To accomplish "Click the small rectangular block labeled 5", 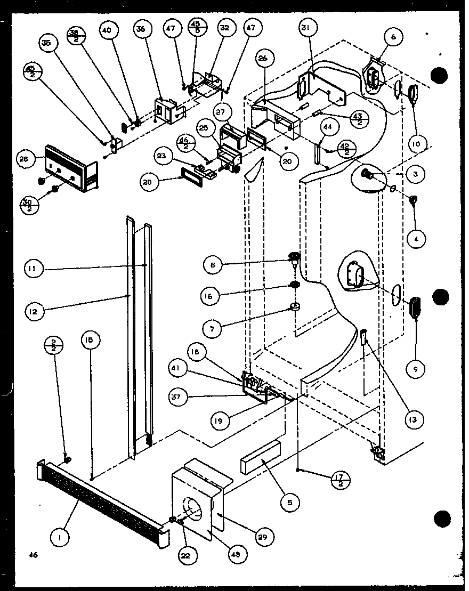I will coord(260,457).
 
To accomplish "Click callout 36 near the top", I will coord(141,30).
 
